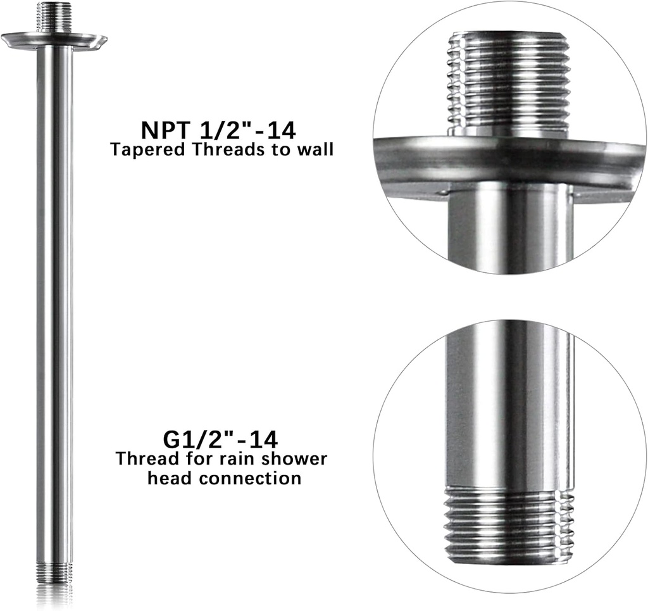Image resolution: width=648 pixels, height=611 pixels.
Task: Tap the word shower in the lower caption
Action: [x=294, y=458]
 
